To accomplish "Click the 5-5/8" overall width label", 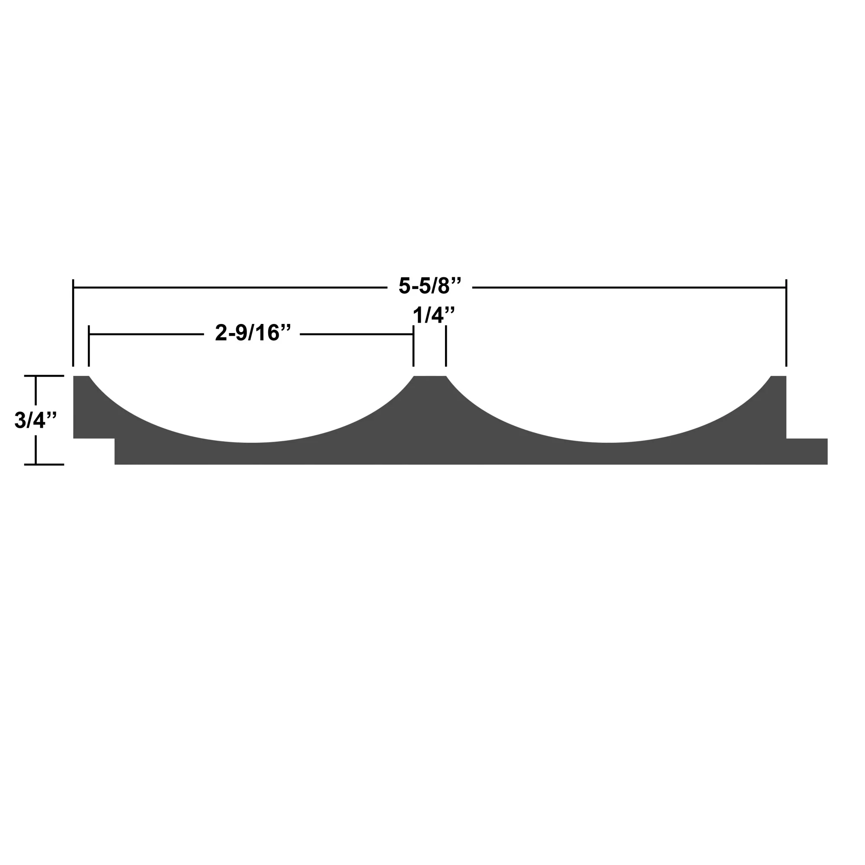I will (429, 286).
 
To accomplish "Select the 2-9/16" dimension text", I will (253, 333).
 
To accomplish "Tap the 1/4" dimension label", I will (433, 316).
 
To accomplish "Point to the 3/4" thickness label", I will (35, 420).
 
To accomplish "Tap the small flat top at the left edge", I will (80, 379).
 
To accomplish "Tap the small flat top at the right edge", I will (779, 379).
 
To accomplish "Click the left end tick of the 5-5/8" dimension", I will (73, 322).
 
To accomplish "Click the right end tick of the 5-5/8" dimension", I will (786, 322).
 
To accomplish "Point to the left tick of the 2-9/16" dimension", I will (89, 346).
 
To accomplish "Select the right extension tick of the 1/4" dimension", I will (446, 346).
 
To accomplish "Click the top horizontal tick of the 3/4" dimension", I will (44, 376).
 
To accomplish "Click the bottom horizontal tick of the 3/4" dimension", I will (44, 464).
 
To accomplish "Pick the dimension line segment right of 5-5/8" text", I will (627, 287).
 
